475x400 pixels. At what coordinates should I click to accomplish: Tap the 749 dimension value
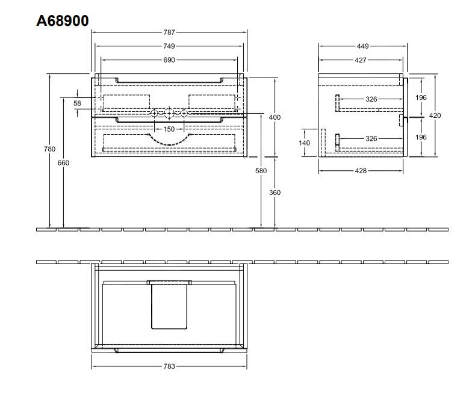(x=169, y=46)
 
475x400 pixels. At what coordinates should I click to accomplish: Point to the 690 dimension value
(x=169, y=60)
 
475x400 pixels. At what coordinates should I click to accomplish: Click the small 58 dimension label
(x=77, y=103)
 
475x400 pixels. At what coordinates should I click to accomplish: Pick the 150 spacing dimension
(x=169, y=129)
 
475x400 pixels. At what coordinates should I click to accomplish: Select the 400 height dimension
(x=275, y=117)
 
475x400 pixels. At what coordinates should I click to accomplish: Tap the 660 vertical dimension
(x=63, y=163)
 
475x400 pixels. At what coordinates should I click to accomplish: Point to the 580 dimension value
(x=261, y=171)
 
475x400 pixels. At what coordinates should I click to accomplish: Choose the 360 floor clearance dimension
(x=275, y=192)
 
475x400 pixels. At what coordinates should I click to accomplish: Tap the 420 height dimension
(x=435, y=115)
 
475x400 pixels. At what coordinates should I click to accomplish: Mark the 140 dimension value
(x=305, y=143)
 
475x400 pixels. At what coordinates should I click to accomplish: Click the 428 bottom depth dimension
(x=360, y=171)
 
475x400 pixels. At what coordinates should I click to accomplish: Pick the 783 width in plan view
(x=169, y=366)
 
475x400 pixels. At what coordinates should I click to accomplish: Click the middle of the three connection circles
(x=169, y=113)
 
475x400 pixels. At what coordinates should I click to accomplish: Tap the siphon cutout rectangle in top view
(x=169, y=306)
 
